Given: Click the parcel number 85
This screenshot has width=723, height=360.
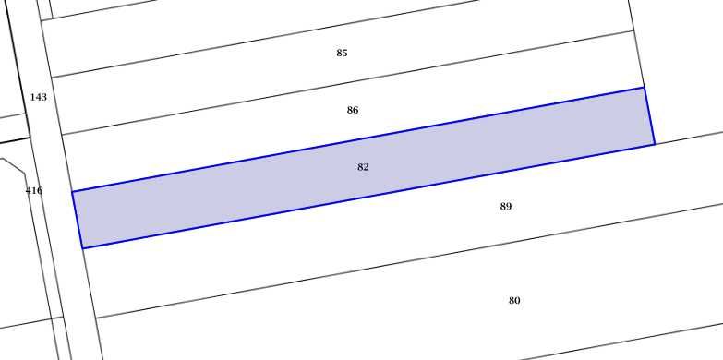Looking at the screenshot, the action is click(342, 53).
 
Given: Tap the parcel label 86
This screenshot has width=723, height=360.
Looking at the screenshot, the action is click(353, 110).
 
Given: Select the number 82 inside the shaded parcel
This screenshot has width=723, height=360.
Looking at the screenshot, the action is click(363, 167).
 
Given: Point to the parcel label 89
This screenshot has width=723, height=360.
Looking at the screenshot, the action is click(506, 206).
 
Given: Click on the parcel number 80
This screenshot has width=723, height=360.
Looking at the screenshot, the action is click(514, 301).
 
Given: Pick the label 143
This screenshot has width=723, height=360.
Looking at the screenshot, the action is click(38, 97).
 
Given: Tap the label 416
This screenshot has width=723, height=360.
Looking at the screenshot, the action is click(34, 190).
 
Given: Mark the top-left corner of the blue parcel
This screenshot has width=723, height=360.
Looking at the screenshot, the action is click(72, 191).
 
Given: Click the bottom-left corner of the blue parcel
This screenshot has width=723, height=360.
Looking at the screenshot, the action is click(82, 248).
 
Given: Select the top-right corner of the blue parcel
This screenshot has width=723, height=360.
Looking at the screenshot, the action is click(644, 87).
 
